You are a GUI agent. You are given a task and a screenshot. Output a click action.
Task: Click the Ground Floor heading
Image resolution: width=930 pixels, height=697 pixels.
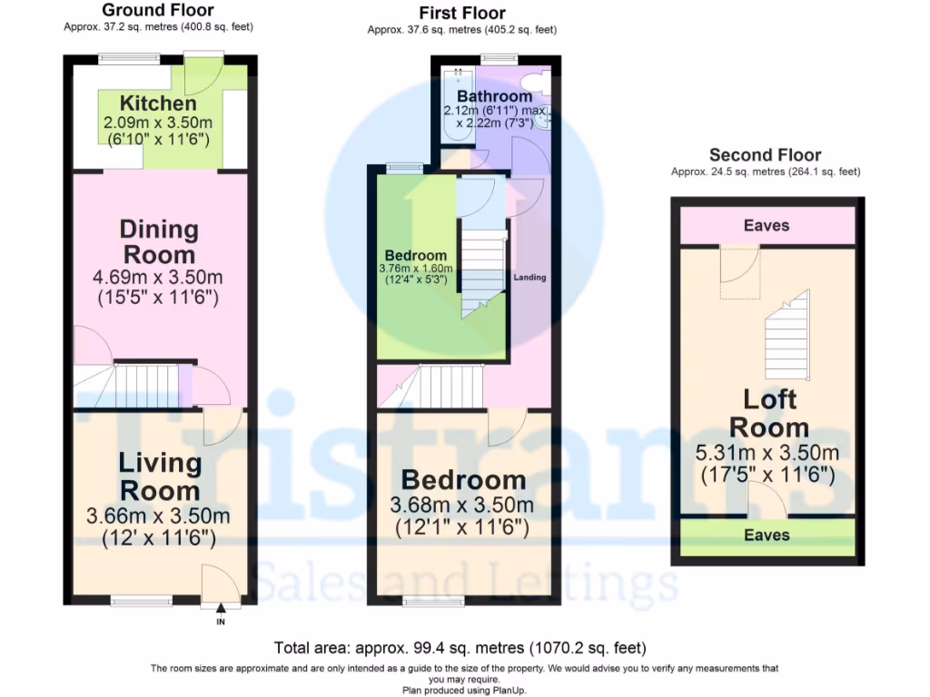pyautogui.click(x=158, y=11)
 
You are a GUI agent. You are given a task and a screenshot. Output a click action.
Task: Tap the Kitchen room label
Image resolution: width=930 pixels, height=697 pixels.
pyautogui.click(x=158, y=103)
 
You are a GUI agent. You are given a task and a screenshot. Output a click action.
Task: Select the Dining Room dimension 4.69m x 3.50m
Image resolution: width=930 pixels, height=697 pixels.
pyautogui.click(x=159, y=277)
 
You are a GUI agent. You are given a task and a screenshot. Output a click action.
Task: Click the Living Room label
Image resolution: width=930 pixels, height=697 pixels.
pyautogui.click(x=159, y=476)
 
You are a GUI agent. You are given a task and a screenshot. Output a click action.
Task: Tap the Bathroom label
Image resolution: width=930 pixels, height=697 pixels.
pyautogui.click(x=494, y=96)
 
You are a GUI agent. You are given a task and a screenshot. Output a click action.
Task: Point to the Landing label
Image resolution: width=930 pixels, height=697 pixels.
pyautogui.click(x=529, y=278)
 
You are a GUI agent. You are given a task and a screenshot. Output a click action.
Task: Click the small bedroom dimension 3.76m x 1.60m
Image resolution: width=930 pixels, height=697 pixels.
pyautogui.click(x=415, y=269)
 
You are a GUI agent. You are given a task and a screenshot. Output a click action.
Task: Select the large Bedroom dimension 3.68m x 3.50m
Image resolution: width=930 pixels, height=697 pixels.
pyautogui.click(x=463, y=505)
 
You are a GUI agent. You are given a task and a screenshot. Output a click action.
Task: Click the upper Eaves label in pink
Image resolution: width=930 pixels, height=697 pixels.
pyautogui.click(x=767, y=225)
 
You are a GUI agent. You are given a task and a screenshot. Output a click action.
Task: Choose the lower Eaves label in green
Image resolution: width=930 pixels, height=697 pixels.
pyautogui.click(x=767, y=535)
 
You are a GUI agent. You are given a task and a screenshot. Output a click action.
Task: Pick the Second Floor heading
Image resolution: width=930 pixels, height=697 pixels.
pyautogui.click(x=765, y=155)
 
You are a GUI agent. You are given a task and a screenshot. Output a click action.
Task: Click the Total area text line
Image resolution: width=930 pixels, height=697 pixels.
pyautogui.click(x=460, y=648)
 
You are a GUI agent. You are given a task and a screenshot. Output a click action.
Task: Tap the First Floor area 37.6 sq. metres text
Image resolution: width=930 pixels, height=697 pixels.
pyautogui.click(x=461, y=30)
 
